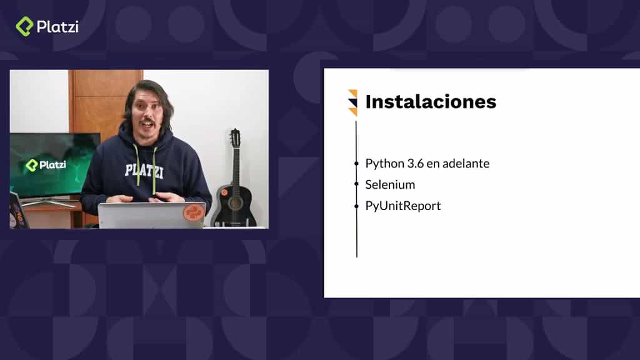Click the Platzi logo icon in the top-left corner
coord(24,26)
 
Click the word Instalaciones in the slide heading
coord(431,102)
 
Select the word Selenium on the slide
coord(390,184)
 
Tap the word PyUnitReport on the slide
coord(403,206)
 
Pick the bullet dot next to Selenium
coord(357,185)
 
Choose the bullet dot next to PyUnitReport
coord(357,206)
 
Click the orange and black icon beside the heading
coord(352,102)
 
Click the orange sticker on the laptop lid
coord(194,213)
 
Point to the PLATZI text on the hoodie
coord(143,170)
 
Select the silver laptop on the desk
coord(151,215)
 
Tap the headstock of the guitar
coord(235,138)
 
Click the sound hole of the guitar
coord(235,203)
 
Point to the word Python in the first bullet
coord(382,164)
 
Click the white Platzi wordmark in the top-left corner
coord(57,26)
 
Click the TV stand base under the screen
coord(49,202)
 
